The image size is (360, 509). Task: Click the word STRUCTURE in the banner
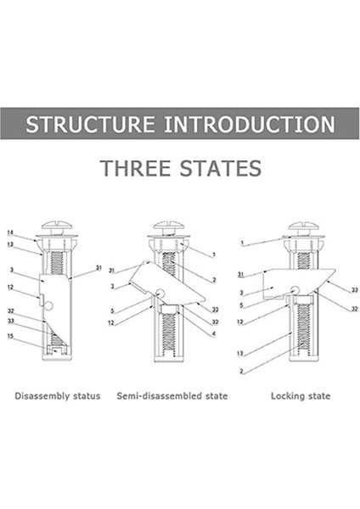pyautogui.click(x=90, y=124)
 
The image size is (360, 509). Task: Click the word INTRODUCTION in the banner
pyautogui.click(x=250, y=124)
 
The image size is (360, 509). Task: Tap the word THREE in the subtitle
pyautogui.click(x=135, y=168)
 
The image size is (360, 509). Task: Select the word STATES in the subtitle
pyautogui.click(x=221, y=168)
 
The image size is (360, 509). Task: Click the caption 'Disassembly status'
pyautogui.click(x=58, y=396)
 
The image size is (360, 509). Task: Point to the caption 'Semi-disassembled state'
pyautogui.click(x=172, y=396)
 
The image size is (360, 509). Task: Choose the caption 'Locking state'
pyautogui.click(x=301, y=396)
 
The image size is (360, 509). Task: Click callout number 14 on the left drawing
pyautogui.click(x=10, y=232)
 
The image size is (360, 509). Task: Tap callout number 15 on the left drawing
pyautogui.click(x=10, y=336)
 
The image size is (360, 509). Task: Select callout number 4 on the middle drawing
pyautogui.click(x=213, y=333)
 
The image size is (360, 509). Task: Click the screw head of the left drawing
pyautogui.click(x=56, y=226)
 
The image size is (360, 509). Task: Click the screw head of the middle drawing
pyautogui.click(x=169, y=226)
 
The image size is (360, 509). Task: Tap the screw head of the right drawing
pyautogui.click(x=303, y=226)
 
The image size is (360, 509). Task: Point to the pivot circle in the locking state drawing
pyautogui.click(x=295, y=289)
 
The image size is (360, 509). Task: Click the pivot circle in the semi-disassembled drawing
pyautogui.click(x=160, y=293)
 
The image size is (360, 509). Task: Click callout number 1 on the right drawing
pyautogui.click(x=242, y=243)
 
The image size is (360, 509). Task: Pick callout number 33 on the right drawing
pyautogui.click(x=354, y=290)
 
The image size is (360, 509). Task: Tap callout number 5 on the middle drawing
pyautogui.click(x=112, y=311)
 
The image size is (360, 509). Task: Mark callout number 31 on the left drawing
pyautogui.click(x=98, y=268)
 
